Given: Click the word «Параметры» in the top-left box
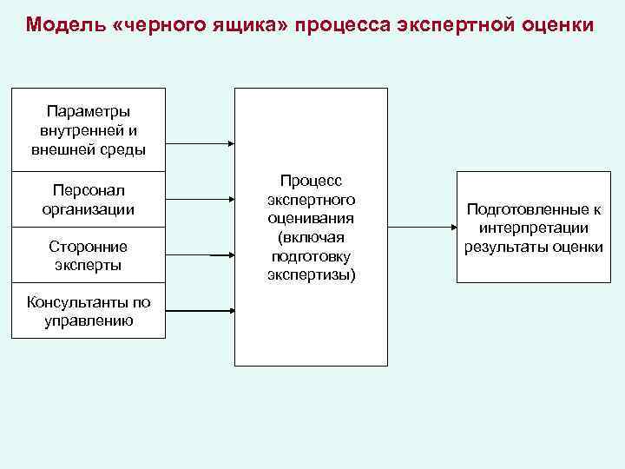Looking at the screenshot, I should (88, 112).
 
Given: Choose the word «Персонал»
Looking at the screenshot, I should (88, 190).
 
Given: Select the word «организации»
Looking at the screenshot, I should (88, 209).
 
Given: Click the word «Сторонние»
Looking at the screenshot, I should (88, 247).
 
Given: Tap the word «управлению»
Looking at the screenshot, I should (88, 320).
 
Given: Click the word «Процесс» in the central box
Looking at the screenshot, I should (311, 180).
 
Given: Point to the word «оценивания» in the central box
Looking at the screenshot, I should (311, 218).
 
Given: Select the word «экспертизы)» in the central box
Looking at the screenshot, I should (311, 275).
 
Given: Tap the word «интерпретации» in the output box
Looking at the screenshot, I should (533, 228).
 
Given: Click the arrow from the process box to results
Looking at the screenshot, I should (422, 228).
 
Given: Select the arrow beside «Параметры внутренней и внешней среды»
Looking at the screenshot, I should (200, 143).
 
